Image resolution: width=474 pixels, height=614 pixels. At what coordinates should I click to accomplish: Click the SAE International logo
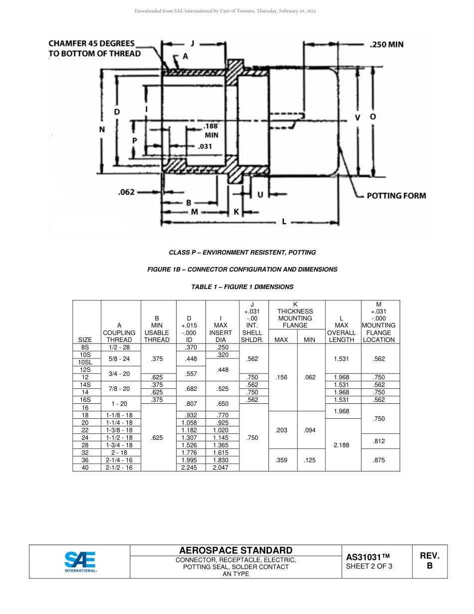point(80,562)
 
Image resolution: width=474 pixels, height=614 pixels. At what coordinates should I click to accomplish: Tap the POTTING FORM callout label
point(396,195)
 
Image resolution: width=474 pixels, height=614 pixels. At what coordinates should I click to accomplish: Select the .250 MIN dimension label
point(387,44)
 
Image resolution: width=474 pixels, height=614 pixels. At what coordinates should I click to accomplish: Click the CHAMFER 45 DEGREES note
point(94,48)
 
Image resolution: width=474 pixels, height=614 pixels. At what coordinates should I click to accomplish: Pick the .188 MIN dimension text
point(211,130)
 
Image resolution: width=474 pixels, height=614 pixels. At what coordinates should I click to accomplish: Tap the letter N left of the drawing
point(102,129)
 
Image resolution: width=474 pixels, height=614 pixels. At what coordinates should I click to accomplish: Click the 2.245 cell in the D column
point(191,468)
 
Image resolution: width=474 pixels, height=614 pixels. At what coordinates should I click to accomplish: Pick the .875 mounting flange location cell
point(379,460)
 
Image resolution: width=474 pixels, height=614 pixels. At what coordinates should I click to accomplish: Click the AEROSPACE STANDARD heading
point(236,550)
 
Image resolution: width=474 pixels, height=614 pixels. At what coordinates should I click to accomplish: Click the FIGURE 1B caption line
point(242,270)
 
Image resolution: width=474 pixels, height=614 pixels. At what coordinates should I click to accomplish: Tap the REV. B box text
point(430,561)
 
